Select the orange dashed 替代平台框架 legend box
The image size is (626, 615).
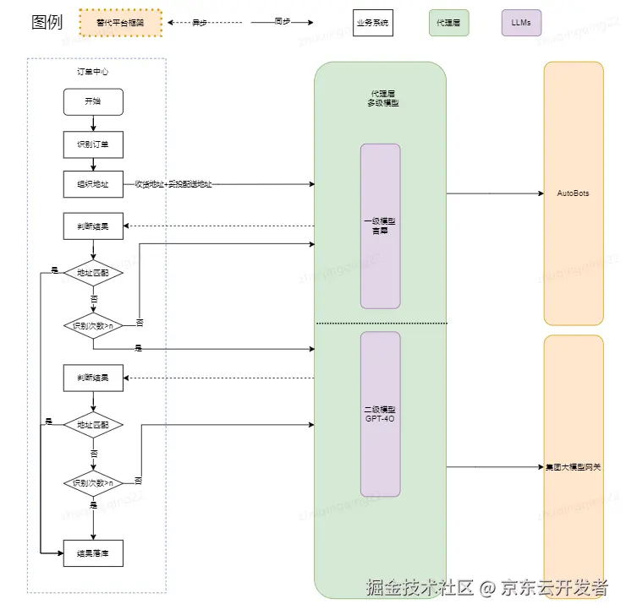pyautogui.click(x=119, y=23)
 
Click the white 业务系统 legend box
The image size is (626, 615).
pyautogui.click(x=373, y=24)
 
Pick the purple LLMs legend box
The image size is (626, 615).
pyautogui.click(x=521, y=24)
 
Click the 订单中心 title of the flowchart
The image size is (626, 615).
pyautogui.click(x=93, y=72)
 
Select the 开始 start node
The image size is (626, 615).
pyautogui.click(x=93, y=102)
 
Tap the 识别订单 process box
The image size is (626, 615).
pyautogui.click(x=93, y=144)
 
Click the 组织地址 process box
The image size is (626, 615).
pyautogui.click(x=93, y=183)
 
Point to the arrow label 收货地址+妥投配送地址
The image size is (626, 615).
pyautogui.click(x=173, y=184)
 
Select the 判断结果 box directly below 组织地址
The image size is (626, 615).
pyautogui.click(x=93, y=226)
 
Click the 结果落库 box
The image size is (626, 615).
pyautogui.click(x=93, y=554)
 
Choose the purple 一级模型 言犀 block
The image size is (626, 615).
pyautogui.click(x=380, y=226)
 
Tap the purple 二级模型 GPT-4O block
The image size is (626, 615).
pyautogui.click(x=380, y=414)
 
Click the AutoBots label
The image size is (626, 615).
pyautogui.click(x=573, y=193)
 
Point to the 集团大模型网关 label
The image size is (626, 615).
pyautogui.click(x=574, y=467)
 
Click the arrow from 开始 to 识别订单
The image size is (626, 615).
pyautogui.click(x=93, y=123)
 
